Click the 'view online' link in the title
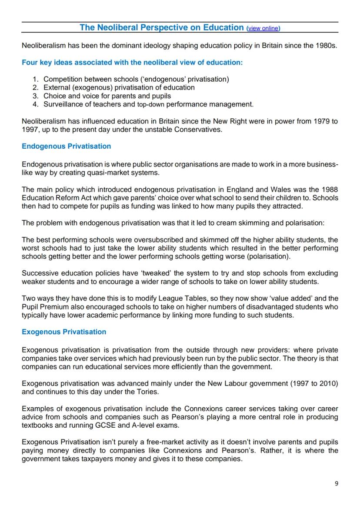[263, 28]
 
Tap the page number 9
[337, 483]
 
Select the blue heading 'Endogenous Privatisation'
[66, 146]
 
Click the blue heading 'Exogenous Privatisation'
[64, 332]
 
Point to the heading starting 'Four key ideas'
[132, 62]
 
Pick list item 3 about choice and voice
[107, 96]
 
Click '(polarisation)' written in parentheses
[268, 256]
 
